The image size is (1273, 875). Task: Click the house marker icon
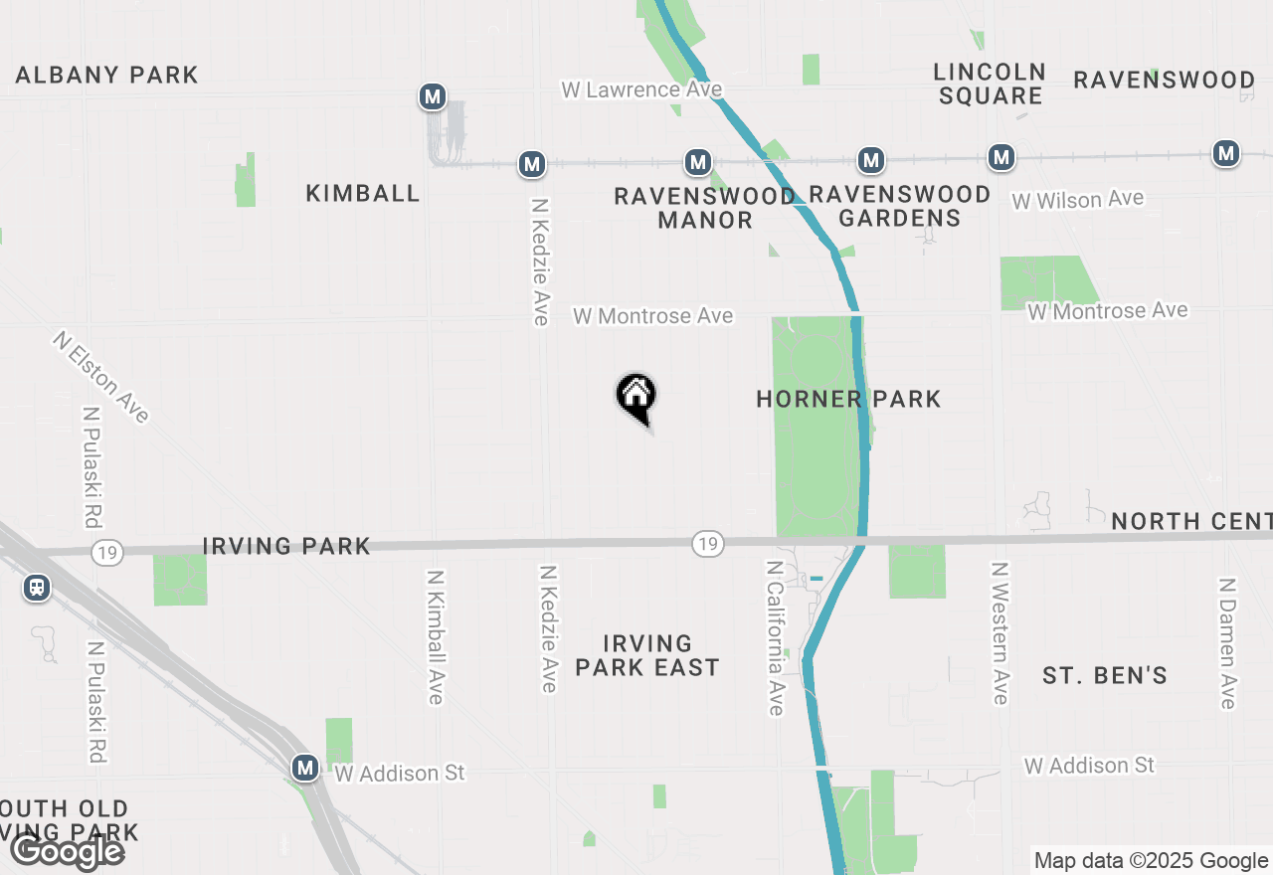[x=636, y=396]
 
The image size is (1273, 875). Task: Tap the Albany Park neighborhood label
[x=107, y=75]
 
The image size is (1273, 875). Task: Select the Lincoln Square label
[x=990, y=84]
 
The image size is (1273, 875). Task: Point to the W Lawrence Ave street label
[x=641, y=89]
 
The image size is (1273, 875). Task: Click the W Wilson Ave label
[x=1077, y=200]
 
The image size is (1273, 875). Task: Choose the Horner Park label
[x=848, y=399]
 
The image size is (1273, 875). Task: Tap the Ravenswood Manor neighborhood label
[x=705, y=208]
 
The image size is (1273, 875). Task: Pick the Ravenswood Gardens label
[x=900, y=206]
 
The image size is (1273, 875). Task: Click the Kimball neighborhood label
[x=363, y=193]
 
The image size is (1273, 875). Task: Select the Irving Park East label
[x=646, y=655]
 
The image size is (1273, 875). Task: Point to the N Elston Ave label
[x=100, y=377]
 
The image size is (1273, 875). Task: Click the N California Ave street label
[x=776, y=636]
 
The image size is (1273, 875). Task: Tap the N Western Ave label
[x=1000, y=632]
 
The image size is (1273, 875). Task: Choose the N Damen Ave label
[x=1228, y=642]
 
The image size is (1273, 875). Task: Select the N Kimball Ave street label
[x=435, y=637]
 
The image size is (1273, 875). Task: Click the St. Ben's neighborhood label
[x=1104, y=675]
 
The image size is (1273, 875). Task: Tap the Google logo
[x=67, y=851]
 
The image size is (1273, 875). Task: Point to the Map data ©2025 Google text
[x=1150, y=861]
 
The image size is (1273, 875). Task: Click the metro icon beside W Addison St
[x=305, y=768]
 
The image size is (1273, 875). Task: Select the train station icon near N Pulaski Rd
[x=37, y=588]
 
